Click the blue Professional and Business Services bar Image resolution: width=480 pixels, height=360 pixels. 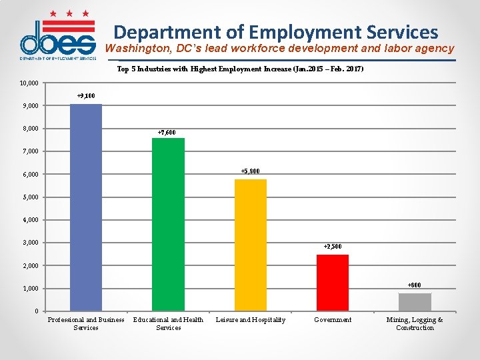point(86,207)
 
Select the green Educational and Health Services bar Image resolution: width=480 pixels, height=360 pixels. point(168,224)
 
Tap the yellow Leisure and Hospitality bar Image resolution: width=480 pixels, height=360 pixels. point(251,245)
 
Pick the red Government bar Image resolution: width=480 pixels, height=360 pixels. point(333,283)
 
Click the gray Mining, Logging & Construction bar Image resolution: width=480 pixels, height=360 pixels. point(415,302)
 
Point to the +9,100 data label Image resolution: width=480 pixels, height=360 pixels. point(86,96)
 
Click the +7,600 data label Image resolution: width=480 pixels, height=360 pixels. point(167,133)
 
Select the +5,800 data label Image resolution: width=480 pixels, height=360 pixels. point(250,171)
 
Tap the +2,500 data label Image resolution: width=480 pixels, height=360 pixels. point(333,247)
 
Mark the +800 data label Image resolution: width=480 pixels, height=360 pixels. point(414,285)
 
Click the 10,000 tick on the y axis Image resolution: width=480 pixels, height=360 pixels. point(29,83)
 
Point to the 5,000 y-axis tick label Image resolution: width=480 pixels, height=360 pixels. point(30,197)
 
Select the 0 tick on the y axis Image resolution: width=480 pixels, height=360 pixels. point(37,311)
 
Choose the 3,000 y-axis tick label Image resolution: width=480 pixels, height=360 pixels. point(30,243)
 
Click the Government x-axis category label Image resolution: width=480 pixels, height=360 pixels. point(333,320)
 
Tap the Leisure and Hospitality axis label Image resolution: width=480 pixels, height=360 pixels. point(251,320)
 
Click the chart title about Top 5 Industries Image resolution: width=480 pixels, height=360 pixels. point(240,69)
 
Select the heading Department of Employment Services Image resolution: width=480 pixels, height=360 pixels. point(276,32)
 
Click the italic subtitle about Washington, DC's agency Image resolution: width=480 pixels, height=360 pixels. point(279,49)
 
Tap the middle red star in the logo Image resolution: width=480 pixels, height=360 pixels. point(69,13)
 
